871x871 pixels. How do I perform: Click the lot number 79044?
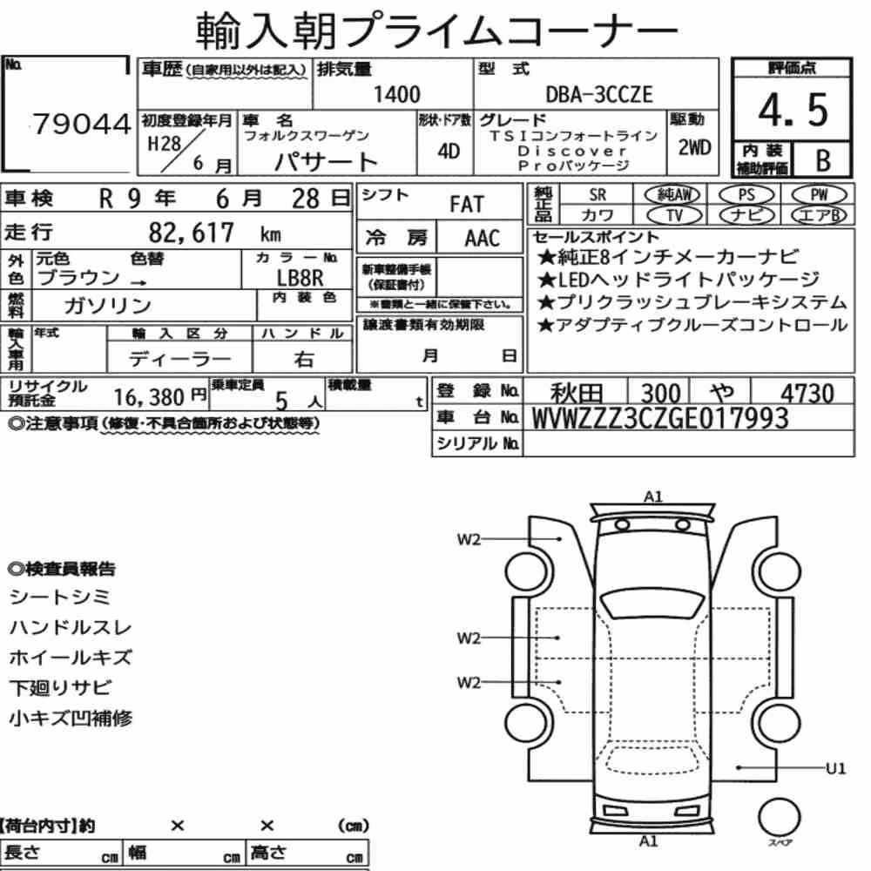click(82, 124)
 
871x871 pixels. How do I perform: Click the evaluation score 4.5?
click(793, 110)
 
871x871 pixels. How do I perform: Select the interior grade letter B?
click(823, 160)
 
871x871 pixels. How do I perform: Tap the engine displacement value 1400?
click(396, 94)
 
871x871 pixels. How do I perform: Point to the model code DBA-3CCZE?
click(599, 94)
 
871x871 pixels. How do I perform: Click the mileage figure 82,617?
click(191, 233)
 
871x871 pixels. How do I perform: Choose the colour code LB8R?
click(300, 277)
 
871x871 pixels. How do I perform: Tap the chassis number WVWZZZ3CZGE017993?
click(660, 418)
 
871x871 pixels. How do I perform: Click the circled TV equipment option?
click(675, 215)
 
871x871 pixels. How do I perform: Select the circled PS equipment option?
click(746, 195)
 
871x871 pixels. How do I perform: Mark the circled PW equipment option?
click(819, 195)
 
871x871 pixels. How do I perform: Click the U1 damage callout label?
click(835, 768)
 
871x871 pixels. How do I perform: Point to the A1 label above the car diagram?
click(652, 496)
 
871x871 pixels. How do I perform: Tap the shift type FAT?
click(467, 205)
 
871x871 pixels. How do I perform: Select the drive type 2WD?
click(694, 148)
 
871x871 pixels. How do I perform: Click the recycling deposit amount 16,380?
click(149, 397)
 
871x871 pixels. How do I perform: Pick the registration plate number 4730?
click(807, 394)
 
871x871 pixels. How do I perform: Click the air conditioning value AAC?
click(483, 239)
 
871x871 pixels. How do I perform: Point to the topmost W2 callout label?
click(469, 539)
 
